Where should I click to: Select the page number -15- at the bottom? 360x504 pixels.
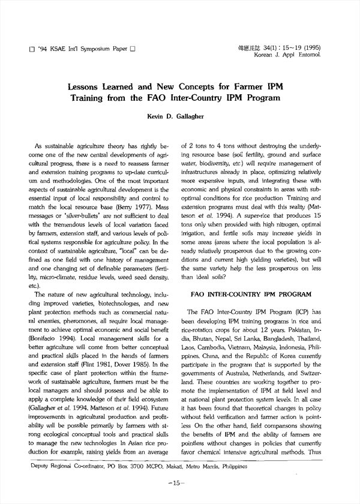click(x=179, y=482)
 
